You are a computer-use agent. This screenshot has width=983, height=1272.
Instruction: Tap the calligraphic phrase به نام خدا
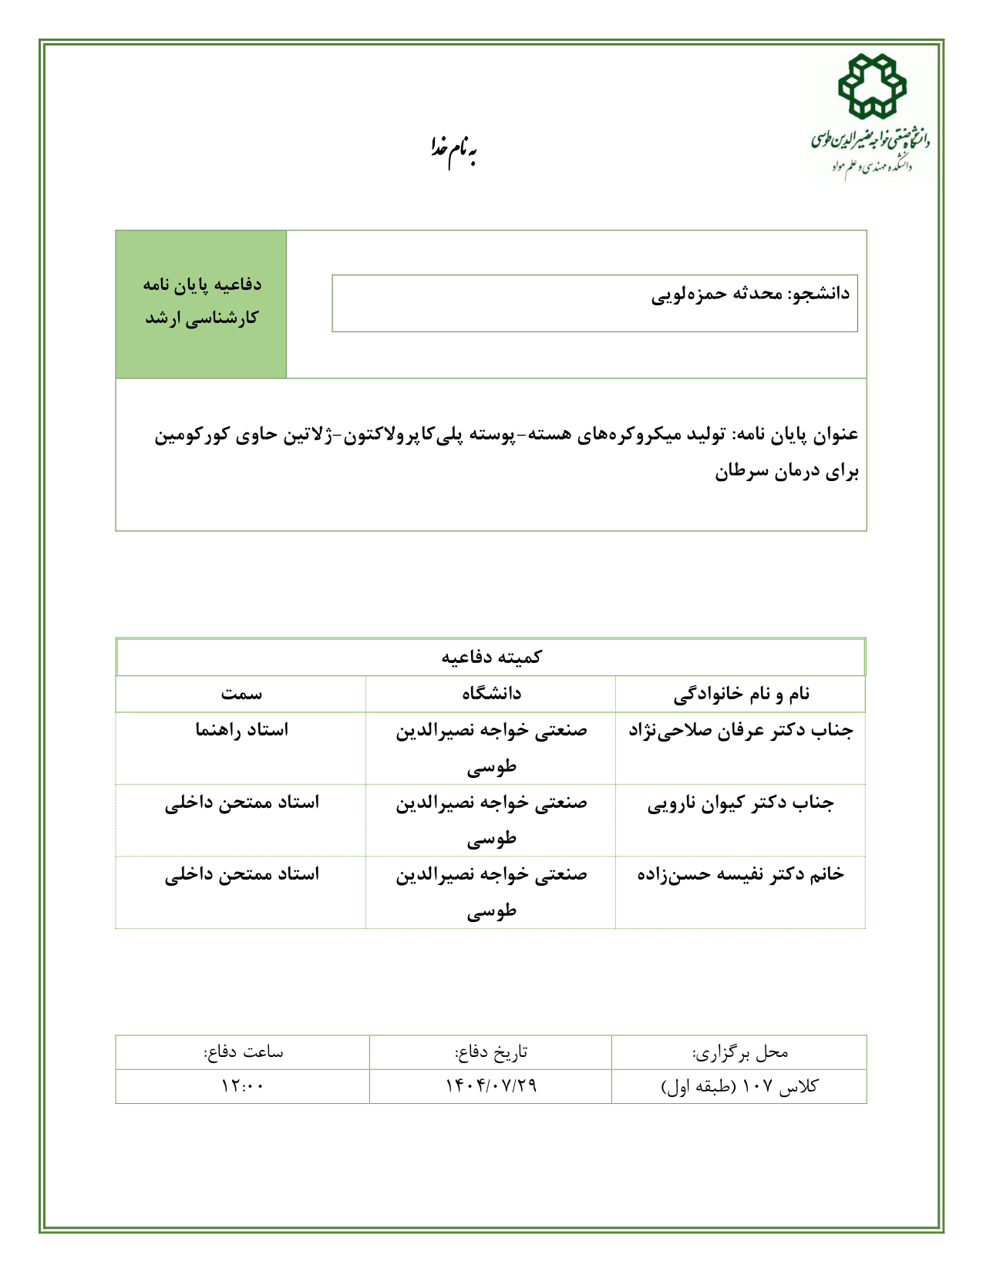tap(453, 151)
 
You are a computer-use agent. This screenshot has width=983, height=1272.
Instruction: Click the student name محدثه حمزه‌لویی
tap(710, 294)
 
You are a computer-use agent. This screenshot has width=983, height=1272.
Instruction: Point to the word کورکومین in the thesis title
tap(189, 435)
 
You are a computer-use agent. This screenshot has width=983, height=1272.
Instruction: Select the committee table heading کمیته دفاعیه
tap(491, 658)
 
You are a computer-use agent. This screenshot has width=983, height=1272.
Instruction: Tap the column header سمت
tap(241, 694)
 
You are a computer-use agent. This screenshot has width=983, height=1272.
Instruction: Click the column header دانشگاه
tap(491, 694)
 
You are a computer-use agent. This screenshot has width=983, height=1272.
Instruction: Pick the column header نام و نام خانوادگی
tap(741, 694)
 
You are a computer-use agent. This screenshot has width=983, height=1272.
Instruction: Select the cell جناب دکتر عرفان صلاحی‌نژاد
tap(741, 730)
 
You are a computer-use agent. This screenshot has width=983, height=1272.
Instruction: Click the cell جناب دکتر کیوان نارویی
tap(741, 803)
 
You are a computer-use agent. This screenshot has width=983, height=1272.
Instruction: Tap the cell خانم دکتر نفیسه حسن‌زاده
tap(741, 875)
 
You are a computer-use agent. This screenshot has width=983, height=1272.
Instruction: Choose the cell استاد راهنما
tap(241, 730)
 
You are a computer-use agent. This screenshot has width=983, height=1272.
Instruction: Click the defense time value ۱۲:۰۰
tap(242, 1086)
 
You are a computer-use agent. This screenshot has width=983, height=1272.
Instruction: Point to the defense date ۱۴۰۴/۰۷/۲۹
tap(491, 1086)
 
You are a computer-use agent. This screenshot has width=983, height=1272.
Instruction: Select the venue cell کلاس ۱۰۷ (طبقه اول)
tap(740, 1087)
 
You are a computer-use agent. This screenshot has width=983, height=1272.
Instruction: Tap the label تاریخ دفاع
tap(491, 1052)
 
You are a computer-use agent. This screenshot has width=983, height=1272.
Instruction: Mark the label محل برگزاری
tap(740, 1052)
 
